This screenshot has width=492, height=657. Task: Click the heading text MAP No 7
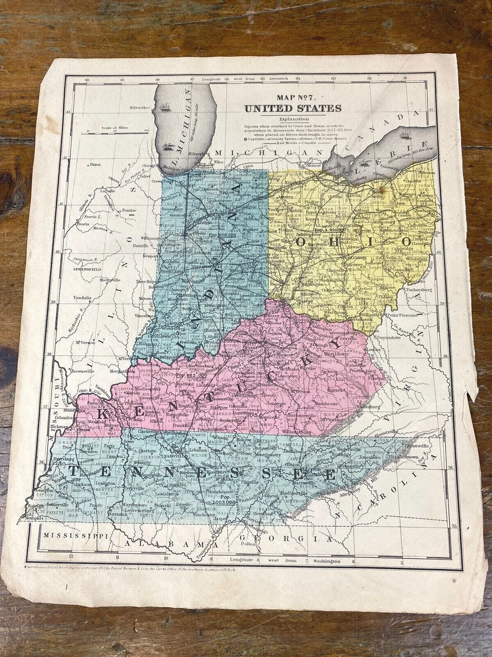click(292, 99)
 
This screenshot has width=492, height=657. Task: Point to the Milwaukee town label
click(139, 108)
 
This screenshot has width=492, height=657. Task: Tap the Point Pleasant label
click(406, 315)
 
